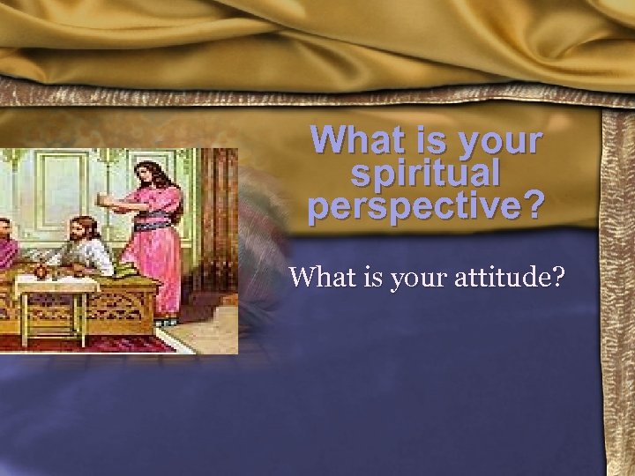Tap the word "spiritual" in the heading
click(x=426, y=173)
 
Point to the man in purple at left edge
click(x=7, y=247)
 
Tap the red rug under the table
click(x=88, y=343)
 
